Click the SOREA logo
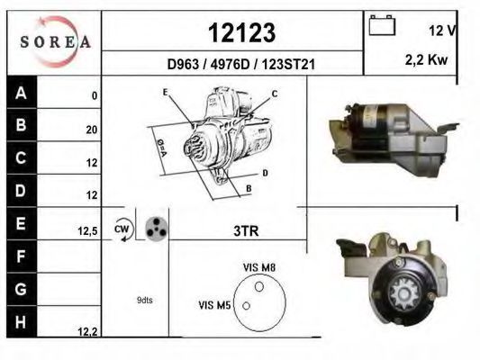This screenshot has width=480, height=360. click(x=56, y=42)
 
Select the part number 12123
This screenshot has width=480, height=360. click(x=242, y=32)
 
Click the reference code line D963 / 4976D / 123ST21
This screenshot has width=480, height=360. click(x=241, y=64)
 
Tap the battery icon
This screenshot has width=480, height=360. click(x=382, y=25)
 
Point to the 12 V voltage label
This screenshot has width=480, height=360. click(x=442, y=31)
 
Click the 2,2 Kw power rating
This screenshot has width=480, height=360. click(x=427, y=59)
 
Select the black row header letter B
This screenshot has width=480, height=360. click(x=21, y=125)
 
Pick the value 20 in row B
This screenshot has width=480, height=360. click(x=92, y=130)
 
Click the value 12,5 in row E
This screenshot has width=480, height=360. click(x=87, y=231)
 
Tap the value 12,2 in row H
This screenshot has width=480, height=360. click(x=87, y=331)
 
